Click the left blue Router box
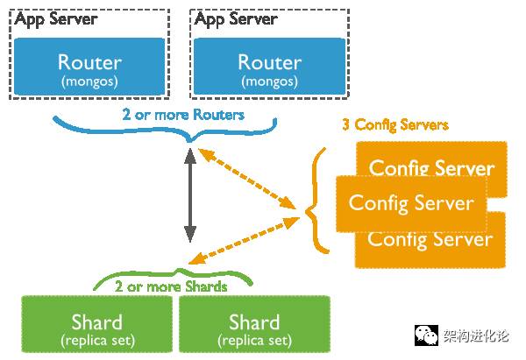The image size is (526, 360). pyautogui.click(x=89, y=67)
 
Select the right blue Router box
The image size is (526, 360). pyautogui.click(x=269, y=67)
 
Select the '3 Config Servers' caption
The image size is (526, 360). pyautogui.click(x=394, y=125)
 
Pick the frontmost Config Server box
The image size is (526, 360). pyautogui.click(x=411, y=203)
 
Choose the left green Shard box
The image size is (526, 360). pyautogui.click(x=97, y=328)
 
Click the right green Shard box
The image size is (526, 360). pyautogui.click(x=254, y=328)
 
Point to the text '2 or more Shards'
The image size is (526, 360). pyautogui.click(x=171, y=286)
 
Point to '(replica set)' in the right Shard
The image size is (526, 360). pyautogui.click(x=254, y=340)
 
